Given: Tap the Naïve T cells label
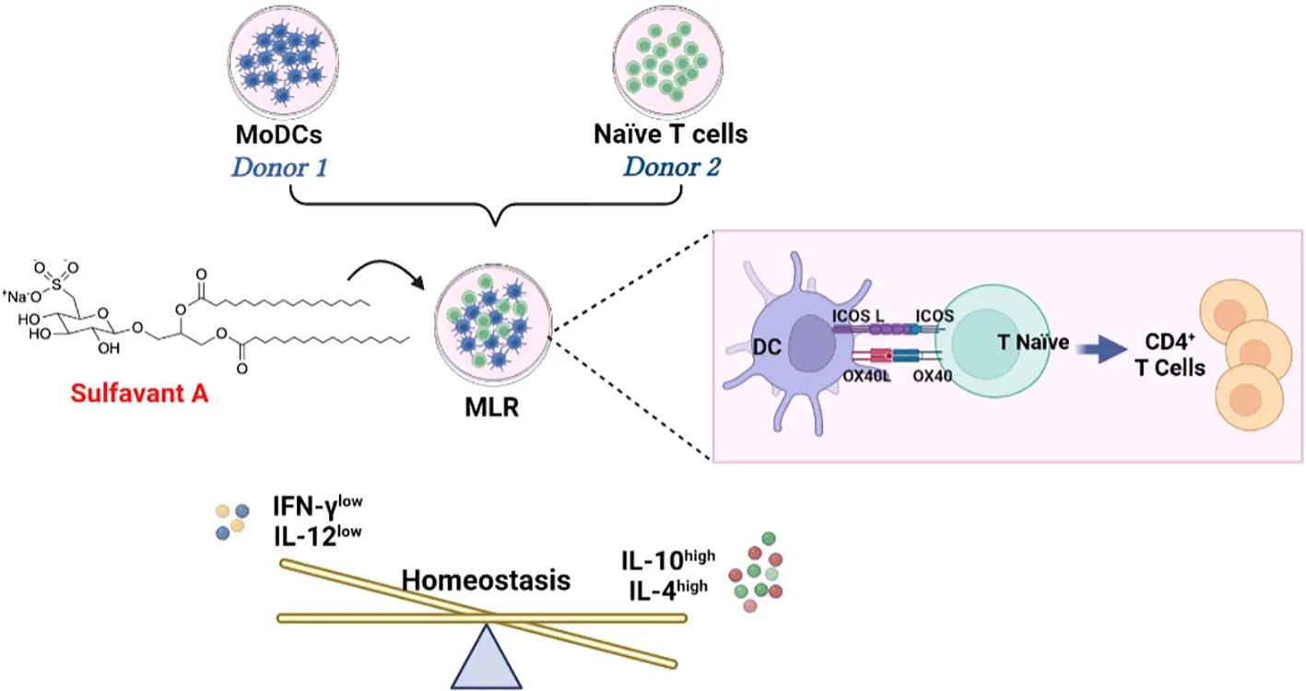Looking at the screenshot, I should tap(670, 135).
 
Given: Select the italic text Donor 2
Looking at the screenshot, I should tap(670, 168).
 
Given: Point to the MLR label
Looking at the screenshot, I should tap(491, 405).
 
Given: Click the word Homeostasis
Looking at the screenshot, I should tap(485, 580).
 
